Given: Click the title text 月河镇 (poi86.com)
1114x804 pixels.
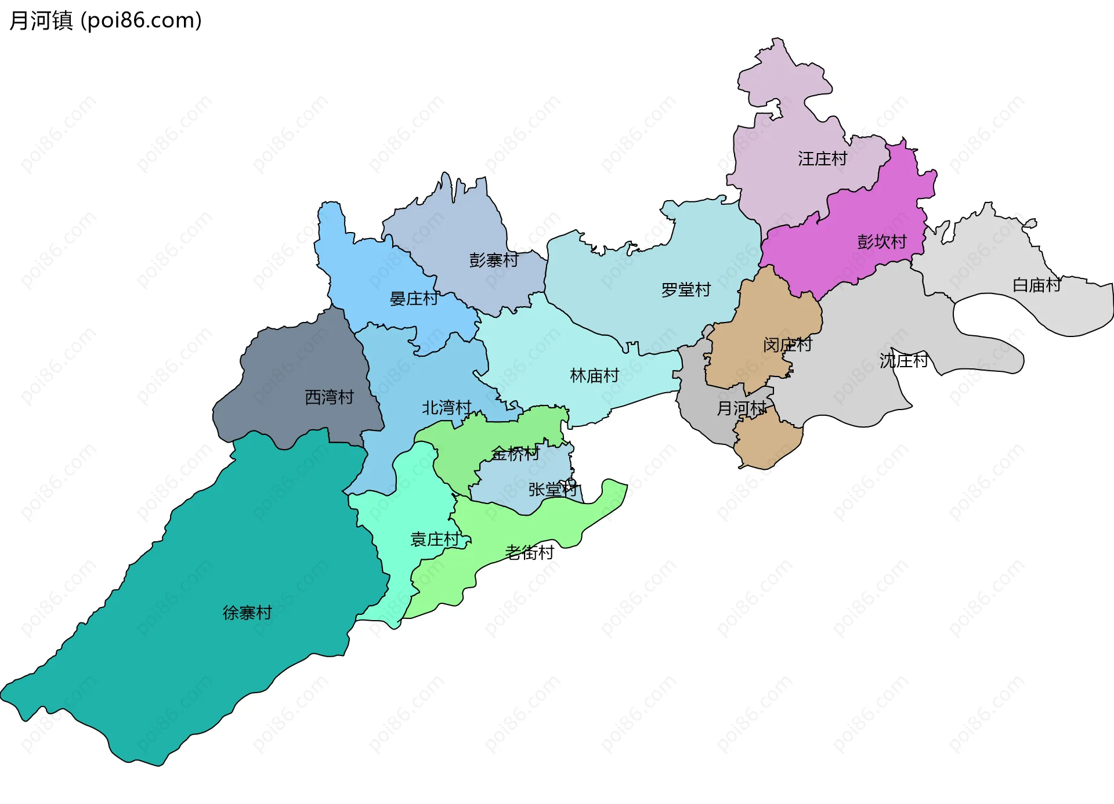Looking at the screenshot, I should [106, 21].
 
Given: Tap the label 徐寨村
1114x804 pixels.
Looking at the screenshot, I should [247, 613].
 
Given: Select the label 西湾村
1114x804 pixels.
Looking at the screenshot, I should [329, 397].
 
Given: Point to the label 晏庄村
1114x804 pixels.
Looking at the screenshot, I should [414, 299].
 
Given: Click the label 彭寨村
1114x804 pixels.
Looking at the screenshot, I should [493, 260].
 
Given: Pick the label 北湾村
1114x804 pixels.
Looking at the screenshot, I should [446, 408].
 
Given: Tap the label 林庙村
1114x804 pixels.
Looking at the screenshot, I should [595, 376].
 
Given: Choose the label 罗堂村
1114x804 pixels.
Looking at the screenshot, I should [686, 289].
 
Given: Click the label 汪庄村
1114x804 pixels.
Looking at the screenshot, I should [822, 158].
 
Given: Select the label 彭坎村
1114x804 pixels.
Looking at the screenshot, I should [881, 241].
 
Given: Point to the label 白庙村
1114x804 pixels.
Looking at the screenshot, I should [1036, 285].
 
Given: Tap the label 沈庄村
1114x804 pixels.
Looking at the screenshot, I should [903, 361].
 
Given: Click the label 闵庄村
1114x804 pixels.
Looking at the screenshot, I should [787, 345].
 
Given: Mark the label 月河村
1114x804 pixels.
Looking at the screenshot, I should [741, 408].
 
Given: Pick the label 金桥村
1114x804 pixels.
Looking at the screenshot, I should [515, 454].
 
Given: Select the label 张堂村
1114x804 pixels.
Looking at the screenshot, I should [552, 490].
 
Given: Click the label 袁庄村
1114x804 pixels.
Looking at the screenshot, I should [435, 539].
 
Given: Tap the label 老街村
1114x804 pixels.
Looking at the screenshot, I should [529, 552].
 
